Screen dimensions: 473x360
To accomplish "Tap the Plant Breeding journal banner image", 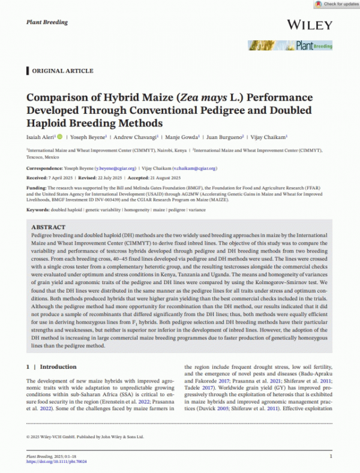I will pos(290,46).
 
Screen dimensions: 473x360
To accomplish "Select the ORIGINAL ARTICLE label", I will pos(57,71).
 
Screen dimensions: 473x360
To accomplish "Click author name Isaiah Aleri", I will pos(42,137).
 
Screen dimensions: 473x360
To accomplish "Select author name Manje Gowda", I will pos(178,137).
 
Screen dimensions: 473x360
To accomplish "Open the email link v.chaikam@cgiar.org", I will pos(193,169).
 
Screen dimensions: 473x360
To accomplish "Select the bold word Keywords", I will pos(39,209).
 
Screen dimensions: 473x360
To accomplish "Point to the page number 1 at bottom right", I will pos(332,456).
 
